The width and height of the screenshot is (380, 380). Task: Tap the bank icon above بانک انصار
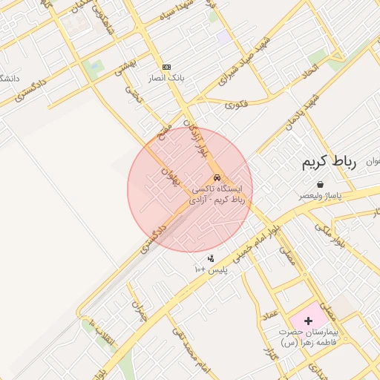coord(166,67)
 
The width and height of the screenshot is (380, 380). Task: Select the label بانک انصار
coord(166,77)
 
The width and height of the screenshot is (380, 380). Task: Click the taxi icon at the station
coord(216,178)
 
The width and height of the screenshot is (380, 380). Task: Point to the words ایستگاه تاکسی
coord(227,190)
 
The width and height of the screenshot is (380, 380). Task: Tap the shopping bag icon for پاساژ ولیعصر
coord(320,184)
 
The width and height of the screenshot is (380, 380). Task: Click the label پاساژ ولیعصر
coord(320,195)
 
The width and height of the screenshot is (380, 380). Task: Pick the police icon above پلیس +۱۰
coord(211,258)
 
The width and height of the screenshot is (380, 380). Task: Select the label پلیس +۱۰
coord(211,269)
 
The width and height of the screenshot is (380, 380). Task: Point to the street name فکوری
coord(237,104)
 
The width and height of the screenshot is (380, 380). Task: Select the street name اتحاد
coord(310,73)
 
